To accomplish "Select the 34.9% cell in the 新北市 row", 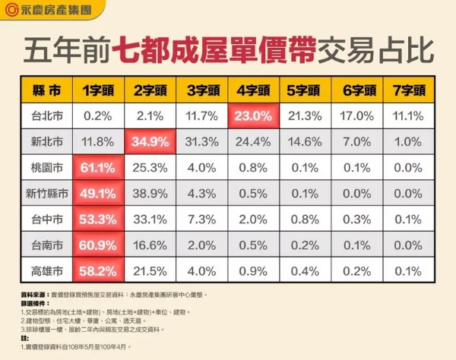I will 150,141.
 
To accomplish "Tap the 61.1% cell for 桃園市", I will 98,167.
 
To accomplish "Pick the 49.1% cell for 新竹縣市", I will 98,193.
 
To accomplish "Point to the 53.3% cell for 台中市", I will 98,219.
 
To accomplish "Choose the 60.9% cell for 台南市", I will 98,245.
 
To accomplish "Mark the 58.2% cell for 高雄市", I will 98,270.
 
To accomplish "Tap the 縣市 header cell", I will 48,90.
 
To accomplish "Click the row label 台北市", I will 48,116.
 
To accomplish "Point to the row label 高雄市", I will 48,270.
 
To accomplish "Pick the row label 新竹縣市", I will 48,193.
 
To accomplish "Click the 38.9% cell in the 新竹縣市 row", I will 150,193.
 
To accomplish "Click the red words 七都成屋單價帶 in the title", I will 198,49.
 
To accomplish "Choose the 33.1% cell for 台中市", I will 150,219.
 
